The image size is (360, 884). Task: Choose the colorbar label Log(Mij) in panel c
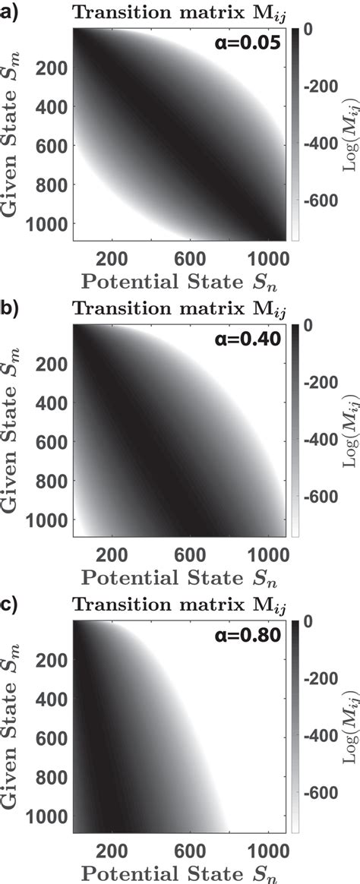point(352,716)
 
